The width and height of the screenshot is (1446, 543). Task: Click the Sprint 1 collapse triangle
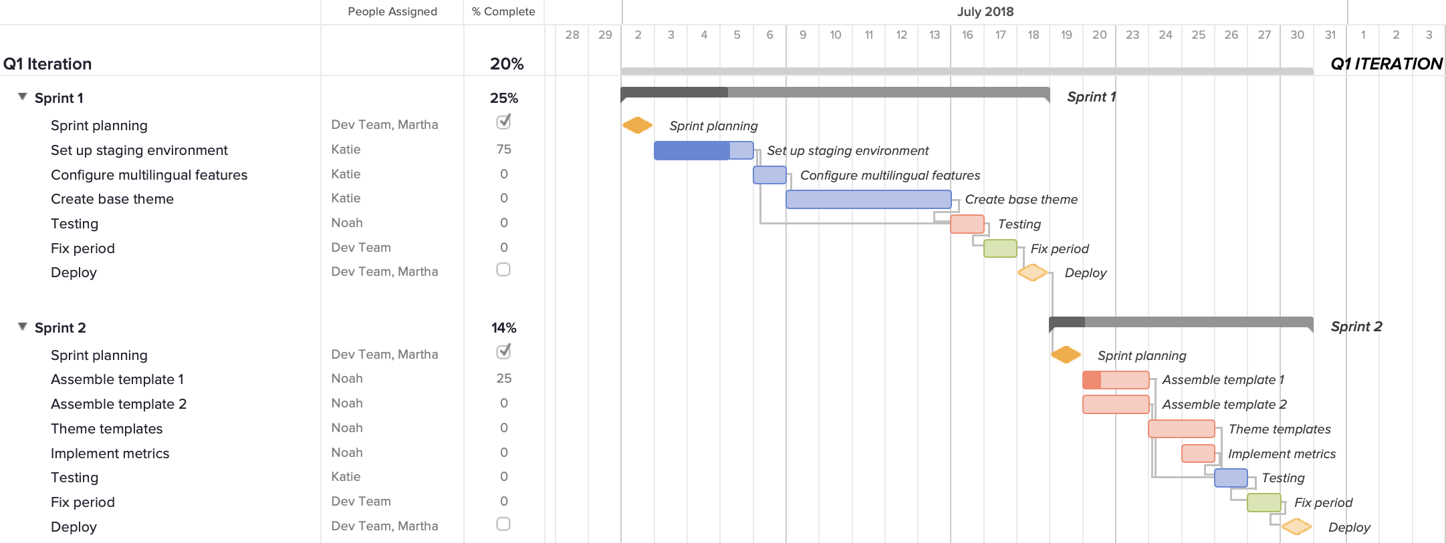[23, 97]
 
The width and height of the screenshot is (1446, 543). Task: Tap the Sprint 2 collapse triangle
[23, 327]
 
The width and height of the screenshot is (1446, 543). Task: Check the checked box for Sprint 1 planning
[503, 122]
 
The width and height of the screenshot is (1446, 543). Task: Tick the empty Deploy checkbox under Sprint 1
[503, 270]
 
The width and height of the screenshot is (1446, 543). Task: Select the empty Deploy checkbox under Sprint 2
[503, 524]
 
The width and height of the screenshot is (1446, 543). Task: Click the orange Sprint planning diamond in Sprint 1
[637, 126]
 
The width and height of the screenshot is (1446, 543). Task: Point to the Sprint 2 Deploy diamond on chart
[1296, 527]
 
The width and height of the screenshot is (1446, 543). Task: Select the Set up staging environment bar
[703, 150]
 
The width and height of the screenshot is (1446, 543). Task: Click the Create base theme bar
[868, 199]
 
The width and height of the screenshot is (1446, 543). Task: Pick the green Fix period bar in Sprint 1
[1000, 248]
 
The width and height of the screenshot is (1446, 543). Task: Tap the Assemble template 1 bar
[1115, 380]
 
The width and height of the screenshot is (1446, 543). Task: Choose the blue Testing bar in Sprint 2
[1231, 478]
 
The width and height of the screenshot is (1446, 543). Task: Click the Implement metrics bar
[1198, 454]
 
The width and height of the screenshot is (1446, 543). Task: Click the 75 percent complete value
[504, 150]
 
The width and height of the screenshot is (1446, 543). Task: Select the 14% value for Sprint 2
[504, 328]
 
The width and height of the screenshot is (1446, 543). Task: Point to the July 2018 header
[985, 11]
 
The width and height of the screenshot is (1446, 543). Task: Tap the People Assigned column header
[392, 11]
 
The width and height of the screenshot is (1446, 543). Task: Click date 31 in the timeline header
[1330, 35]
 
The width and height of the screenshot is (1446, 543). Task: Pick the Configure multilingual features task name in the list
[149, 175]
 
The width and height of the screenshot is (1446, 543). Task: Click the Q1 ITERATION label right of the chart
[1386, 64]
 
